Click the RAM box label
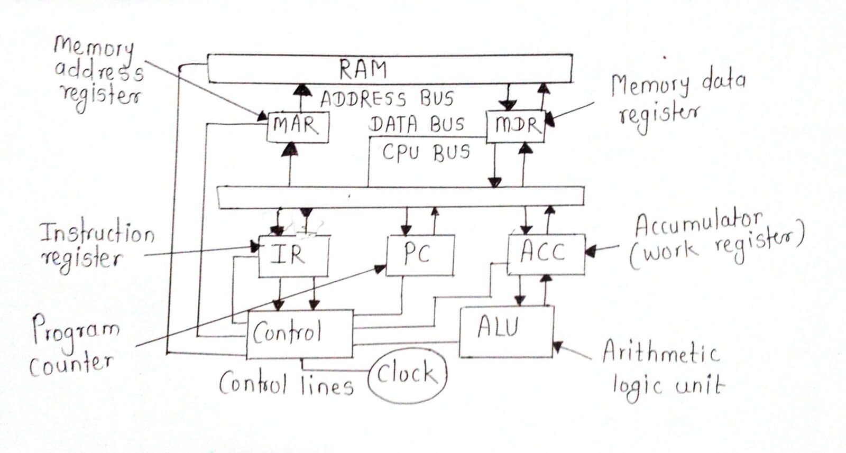tap(363, 69)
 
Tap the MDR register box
tap(514, 126)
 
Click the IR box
tap(292, 256)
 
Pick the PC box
tap(419, 255)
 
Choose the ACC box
tap(545, 254)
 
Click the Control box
tap(299, 334)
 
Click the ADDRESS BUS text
tap(387, 99)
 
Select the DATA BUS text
tap(417, 124)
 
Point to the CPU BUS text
tap(426, 152)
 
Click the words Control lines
tap(286, 383)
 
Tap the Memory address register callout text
tap(98, 73)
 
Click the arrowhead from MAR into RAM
tap(301, 89)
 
